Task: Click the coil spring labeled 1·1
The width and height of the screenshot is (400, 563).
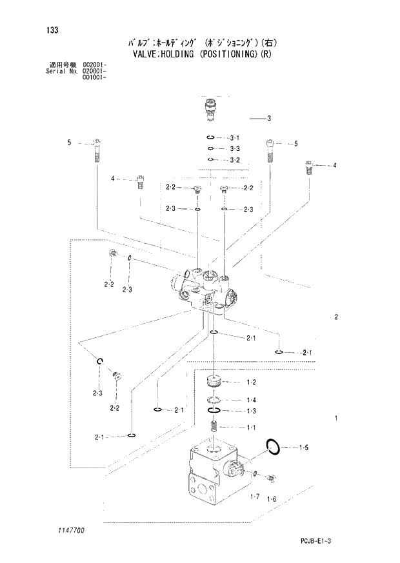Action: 216,426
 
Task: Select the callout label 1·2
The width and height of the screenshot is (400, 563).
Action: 251,383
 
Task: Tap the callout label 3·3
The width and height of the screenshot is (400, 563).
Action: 234,149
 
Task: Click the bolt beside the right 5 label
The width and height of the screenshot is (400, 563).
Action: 268,151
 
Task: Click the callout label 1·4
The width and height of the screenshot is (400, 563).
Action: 251,400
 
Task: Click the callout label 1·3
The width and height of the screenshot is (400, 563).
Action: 251,411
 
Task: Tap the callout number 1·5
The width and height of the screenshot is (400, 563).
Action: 303,447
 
